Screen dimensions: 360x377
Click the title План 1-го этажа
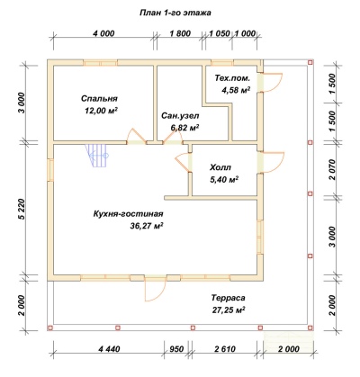click(x=175, y=13)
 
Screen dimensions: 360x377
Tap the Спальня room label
click(x=99, y=98)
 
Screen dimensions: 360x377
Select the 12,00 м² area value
click(x=101, y=111)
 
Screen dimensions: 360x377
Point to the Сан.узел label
click(x=180, y=115)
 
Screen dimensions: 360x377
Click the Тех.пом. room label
click(x=232, y=78)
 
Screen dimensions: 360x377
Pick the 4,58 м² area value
click(x=236, y=90)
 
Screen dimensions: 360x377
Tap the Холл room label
click(x=220, y=167)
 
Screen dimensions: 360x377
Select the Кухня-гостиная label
click(x=129, y=214)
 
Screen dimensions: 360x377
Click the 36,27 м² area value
click(x=147, y=226)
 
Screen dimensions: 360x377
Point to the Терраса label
click(x=228, y=298)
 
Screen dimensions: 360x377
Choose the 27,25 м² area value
click(x=229, y=310)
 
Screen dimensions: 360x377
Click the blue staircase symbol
click(x=96, y=156)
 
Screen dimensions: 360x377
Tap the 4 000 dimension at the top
click(x=103, y=33)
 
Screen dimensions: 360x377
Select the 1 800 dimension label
click(x=180, y=33)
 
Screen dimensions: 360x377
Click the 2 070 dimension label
click(x=332, y=169)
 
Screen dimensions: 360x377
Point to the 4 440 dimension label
click(x=109, y=349)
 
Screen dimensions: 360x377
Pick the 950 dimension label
click(x=177, y=349)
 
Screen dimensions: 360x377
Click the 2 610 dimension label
click(x=225, y=349)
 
